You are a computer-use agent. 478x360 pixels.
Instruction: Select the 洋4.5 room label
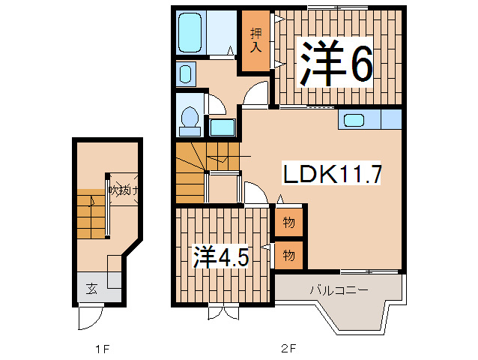point(222,257)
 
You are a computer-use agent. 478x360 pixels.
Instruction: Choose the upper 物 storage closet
point(288,223)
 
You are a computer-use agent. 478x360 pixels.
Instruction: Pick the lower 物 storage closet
point(288,255)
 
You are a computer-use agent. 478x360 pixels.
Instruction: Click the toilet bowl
point(190,118)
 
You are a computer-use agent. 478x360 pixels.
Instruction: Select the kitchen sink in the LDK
point(353,119)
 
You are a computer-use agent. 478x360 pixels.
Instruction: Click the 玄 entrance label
point(90,288)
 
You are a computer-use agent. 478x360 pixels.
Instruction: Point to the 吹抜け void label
point(124,190)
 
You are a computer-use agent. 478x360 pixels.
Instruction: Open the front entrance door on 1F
point(88,318)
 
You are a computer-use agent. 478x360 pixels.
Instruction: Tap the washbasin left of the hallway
point(186,73)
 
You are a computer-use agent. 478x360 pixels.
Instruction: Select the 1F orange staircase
point(92,214)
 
